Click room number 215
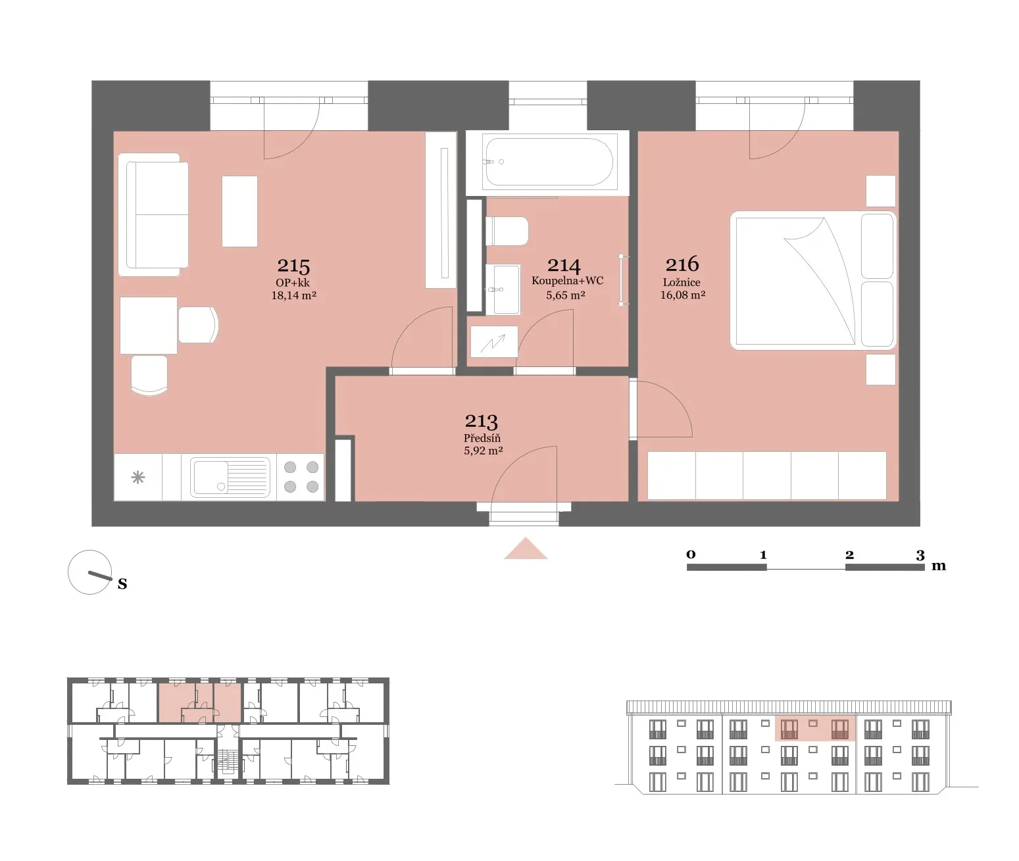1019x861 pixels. (x=293, y=266)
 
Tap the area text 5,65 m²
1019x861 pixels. (x=566, y=295)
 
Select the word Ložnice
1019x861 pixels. (x=682, y=282)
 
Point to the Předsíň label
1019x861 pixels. (x=482, y=438)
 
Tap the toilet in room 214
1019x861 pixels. (x=507, y=232)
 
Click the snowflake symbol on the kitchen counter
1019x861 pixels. (x=138, y=477)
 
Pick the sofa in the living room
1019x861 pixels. (x=153, y=215)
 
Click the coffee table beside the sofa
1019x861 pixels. (x=239, y=211)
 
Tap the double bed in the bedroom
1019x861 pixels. (x=813, y=280)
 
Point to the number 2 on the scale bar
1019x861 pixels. (x=850, y=555)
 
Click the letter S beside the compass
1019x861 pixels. (x=122, y=584)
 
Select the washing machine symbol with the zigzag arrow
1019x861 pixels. (x=494, y=341)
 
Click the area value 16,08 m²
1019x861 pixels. (x=683, y=295)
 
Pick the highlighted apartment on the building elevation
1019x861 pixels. (x=815, y=728)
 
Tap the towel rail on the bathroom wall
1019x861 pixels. (x=621, y=280)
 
